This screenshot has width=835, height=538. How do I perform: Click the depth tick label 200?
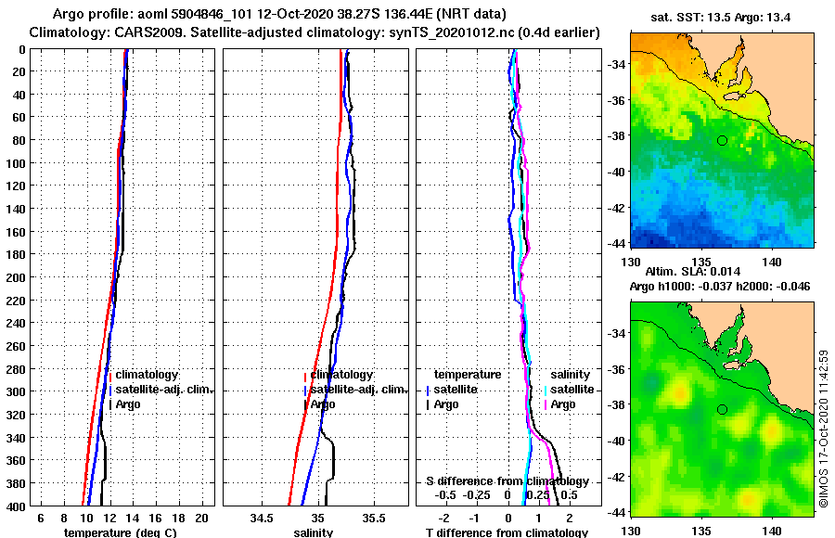[17, 276]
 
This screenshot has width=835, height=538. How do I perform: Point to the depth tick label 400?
[17, 506]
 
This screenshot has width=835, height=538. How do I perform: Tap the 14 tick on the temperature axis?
[132, 518]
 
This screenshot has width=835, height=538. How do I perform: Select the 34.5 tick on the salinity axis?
[263, 518]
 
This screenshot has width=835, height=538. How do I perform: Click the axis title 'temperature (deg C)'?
[120, 532]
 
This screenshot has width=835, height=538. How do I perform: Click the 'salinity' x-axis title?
[313, 532]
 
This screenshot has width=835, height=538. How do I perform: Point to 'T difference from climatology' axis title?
[507, 532]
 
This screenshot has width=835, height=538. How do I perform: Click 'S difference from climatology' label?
[507, 481]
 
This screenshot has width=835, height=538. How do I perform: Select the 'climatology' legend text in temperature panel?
[148, 375]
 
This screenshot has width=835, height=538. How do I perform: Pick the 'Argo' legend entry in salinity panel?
[323, 404]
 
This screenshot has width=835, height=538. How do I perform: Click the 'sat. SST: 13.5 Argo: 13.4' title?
[721, 16]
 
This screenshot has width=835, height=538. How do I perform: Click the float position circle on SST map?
[722, 141]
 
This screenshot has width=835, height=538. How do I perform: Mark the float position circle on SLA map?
[722, 409]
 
